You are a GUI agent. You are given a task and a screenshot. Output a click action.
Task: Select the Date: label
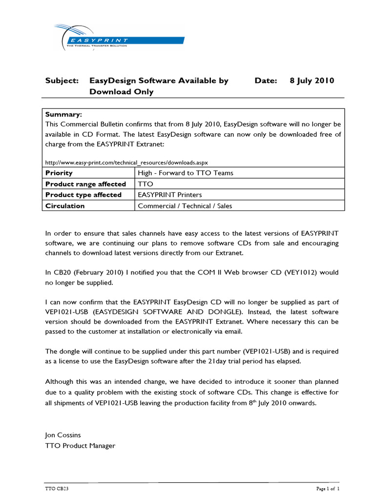(266, 81)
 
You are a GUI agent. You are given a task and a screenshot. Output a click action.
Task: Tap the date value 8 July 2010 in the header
(312, 81)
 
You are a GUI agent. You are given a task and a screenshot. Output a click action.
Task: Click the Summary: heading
(63, 114)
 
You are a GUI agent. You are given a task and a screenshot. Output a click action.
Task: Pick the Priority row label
(59, 173)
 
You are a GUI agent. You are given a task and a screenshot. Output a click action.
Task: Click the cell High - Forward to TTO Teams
(186, 173)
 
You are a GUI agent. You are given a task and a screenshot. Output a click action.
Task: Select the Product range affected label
(85, 184)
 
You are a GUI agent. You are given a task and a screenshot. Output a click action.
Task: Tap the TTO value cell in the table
(146, 184)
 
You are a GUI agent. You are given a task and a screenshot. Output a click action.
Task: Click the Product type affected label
(83, 195)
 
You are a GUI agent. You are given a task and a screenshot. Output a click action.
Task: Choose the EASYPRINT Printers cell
(170, 195)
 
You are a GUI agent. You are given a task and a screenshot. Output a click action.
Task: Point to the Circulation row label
(65, 206)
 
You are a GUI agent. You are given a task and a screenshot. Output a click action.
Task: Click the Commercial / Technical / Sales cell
(185, 206)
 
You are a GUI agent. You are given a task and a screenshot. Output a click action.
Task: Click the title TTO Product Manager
(80, 445)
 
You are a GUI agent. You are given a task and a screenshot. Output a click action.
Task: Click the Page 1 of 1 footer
(327, 488)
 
